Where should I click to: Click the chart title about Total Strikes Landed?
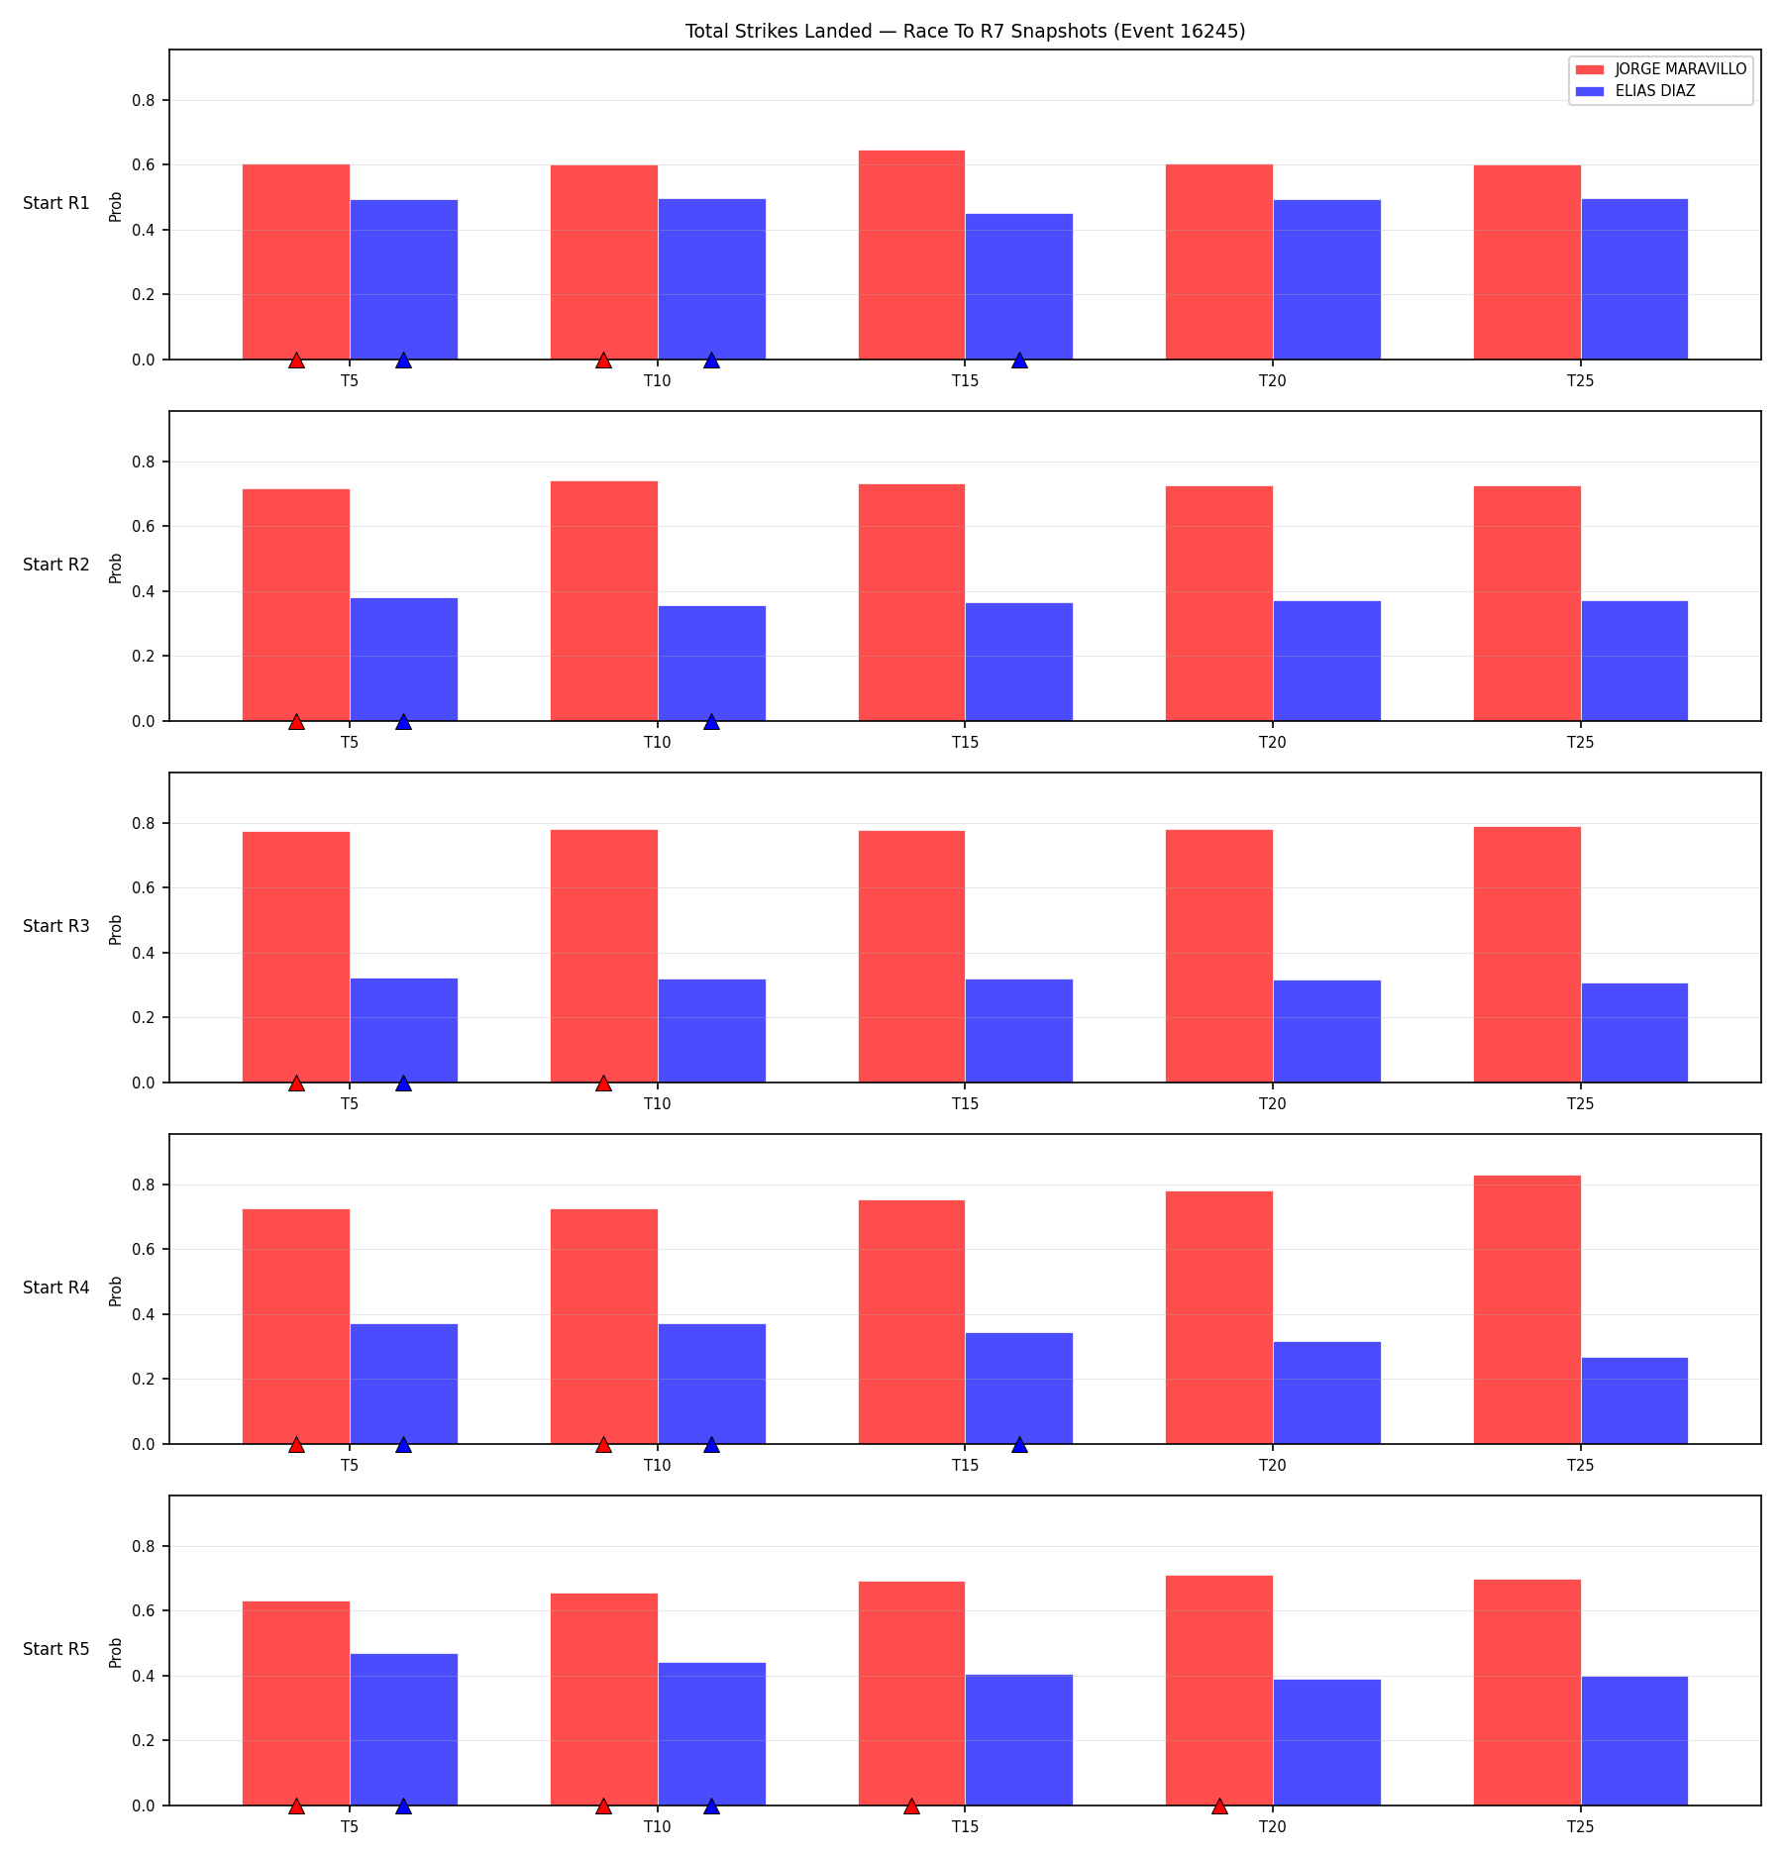[x=965, y=31]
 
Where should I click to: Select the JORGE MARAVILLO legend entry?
[x=1660, y=69]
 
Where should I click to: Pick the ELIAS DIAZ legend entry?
[x=1635, y=91]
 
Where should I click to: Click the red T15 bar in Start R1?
[x=911, y=255]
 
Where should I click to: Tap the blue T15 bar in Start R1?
[x=1018, y=286]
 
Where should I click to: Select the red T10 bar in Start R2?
[x=604, y=601]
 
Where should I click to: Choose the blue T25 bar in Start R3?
[x=1634, y=1033]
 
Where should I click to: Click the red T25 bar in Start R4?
[x=1527, y=1309]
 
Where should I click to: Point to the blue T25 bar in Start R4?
[x=1634, y=1400]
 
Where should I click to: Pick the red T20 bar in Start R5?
[x=1219, y=1691]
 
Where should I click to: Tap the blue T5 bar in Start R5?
[x=404, y=1729]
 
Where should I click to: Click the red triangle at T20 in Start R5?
[x=1219, y=1806]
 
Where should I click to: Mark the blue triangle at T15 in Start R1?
[x=1019, y=361]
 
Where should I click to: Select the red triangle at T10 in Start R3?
[x=603, y=1083]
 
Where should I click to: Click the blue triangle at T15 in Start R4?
[x=1019, y=1445]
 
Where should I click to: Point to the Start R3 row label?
[x=56, y=926]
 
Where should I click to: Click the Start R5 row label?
[x=56, y=1649]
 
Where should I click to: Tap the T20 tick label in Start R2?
[x=1273, y=742]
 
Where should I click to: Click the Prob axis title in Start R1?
[x=116, y=206]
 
